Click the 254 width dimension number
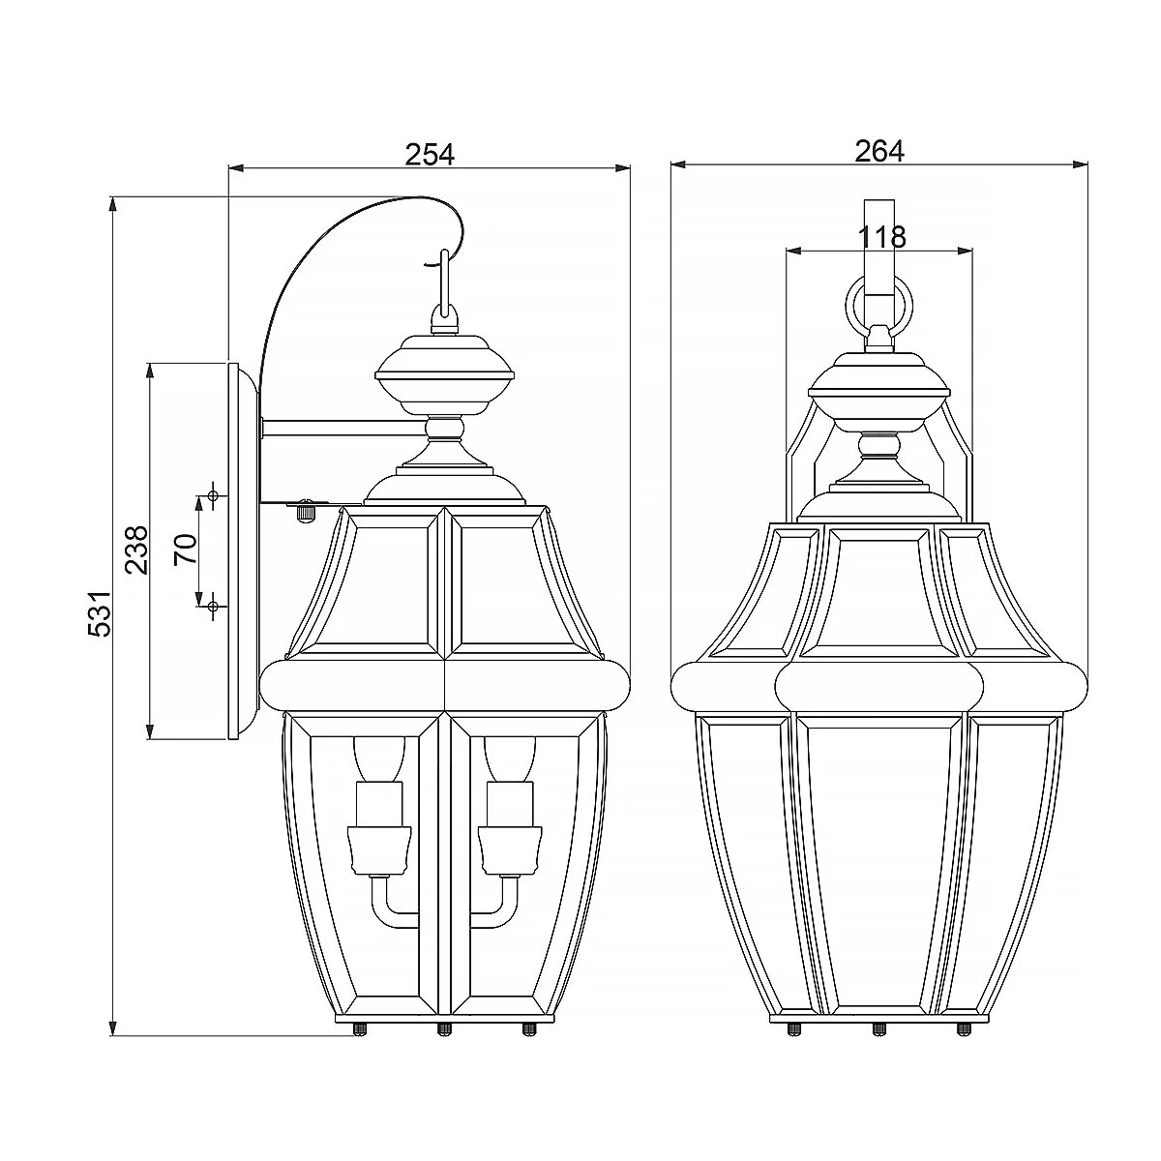click(429, 154)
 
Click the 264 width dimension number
click(879, 151)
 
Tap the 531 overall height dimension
click(100, 612)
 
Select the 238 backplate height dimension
click(136, 551)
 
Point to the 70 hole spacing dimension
click(186, 549)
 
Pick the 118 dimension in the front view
click(881, 237)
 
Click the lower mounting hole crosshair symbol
click(212, 606)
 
